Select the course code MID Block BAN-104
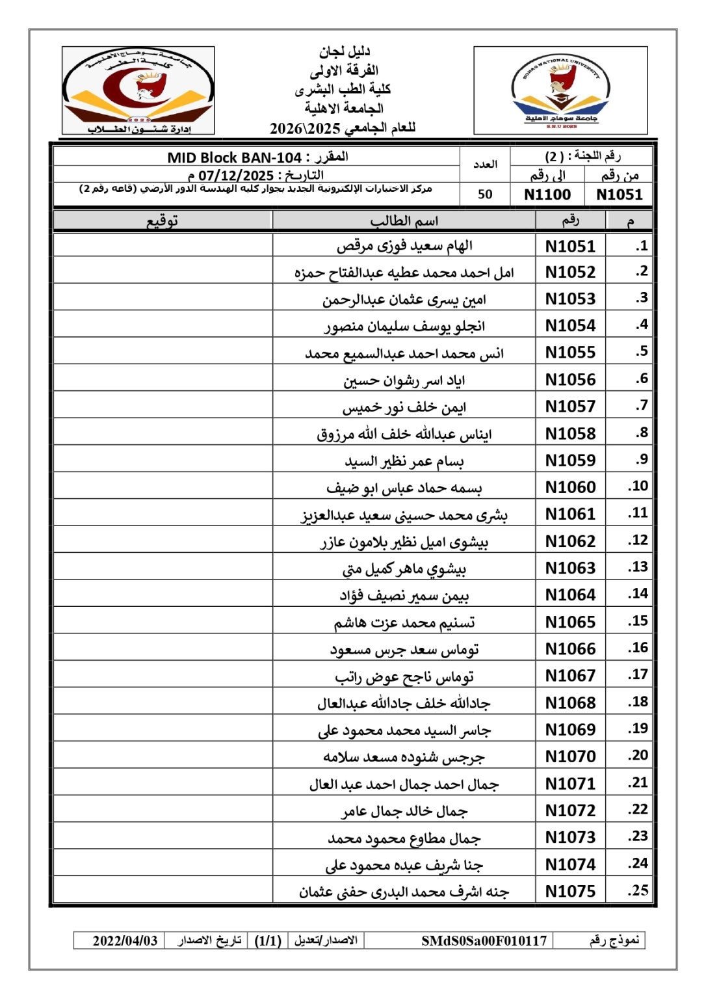pyautogui.click(x=234, y=157)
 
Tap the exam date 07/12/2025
pyautogui.click(x=235, y=176)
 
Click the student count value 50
pyautogui.click(x=485, y=194)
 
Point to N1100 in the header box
pyautogui.click(x=547, y=194)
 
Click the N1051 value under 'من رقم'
pyautogui.click(x=619, y=194)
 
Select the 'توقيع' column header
pyautogui.click(x=162, y=221)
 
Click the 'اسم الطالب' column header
pyautogui.click(x=404, y=221)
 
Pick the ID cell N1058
pyautogui.click(x=570, y=433)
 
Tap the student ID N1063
pyautogui.click(x=570, y=568)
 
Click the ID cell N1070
pyautogui.click(x=570, y=756)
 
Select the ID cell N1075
pyautogui.click(x=570, y=891)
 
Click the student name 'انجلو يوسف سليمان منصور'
pyautogui.click(x=404, y=326)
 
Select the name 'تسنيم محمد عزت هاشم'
pyautogui.click(x=404, y=622)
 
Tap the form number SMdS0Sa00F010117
pyautogui.click(x=484, y=940)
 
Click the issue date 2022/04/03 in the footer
pyautogui.click(x=125, y=940)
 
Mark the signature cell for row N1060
pyautogui.click(x=163, y=486)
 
